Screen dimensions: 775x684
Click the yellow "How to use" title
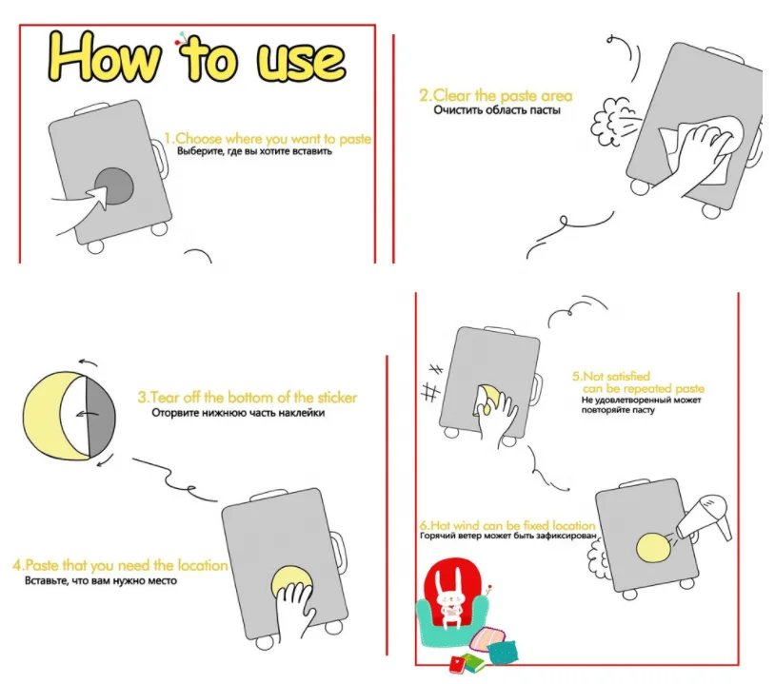[196, 57]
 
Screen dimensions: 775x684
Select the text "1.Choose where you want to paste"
[268, 138]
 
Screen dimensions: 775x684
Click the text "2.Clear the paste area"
[496, 95]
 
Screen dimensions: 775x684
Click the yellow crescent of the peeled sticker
[47, 416]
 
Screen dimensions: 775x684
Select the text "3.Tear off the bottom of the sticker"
[248, 398]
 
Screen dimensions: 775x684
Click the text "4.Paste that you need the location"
[120, 565]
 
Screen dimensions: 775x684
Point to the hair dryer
[705, 518]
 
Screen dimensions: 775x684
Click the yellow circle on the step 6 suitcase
[653, 548]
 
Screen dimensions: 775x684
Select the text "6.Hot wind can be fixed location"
[507, 525]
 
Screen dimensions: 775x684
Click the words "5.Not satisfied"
[611, 377]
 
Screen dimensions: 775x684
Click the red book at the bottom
[458, 664]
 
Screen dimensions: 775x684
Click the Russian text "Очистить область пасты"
[497, 110]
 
